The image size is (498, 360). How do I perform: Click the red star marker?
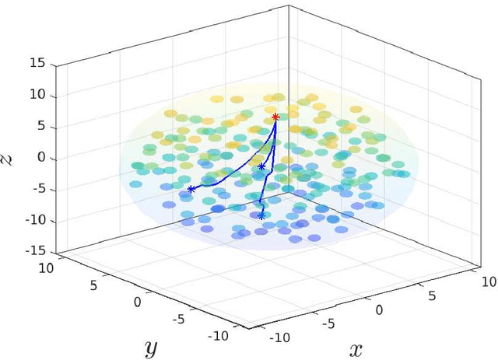[x=275, y=117]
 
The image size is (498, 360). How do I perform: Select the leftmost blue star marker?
[x=191, y=189]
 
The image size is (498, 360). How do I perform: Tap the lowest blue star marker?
[x=261, y=216]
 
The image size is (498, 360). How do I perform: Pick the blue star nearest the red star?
[x=261, y=166]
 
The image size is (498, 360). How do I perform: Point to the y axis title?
[x=150, y=348]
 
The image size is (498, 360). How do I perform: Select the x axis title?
[x=356, y=349]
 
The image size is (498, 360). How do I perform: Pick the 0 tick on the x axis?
[x=379, y=309]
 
